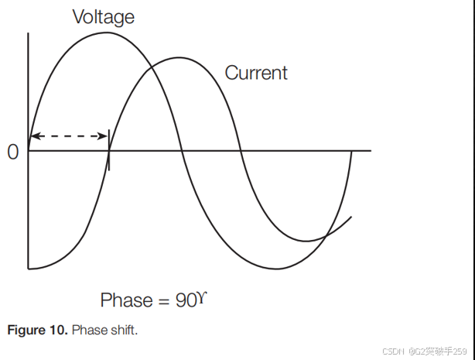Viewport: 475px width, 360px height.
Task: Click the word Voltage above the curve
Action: tap(103, 17)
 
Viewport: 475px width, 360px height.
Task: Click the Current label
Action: tap(256, 73)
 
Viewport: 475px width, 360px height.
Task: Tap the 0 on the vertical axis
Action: tap(12, 152)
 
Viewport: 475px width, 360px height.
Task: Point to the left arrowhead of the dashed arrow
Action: tap(33, 136)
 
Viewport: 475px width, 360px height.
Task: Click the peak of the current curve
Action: tap(179, 57)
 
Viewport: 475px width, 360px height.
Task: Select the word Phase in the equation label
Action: tap(126, 300)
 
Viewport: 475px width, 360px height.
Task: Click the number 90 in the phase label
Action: tap(186, 300)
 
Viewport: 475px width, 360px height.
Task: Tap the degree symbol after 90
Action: tap(204, 296)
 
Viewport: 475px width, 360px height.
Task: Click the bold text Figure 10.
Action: tap(37, 331)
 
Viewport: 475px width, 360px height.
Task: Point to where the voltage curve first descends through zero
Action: tap(181, 150)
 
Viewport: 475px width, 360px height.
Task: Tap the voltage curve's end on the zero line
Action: tap(353, 150)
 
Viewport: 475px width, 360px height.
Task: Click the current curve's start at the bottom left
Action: tap(29, 269)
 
